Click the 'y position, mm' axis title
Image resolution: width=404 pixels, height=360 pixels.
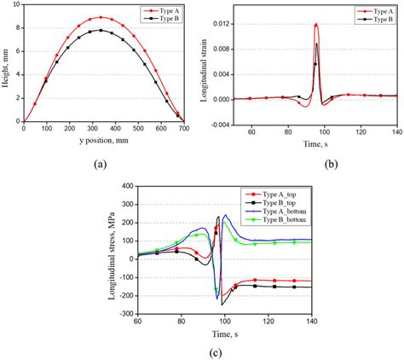pos(101,142)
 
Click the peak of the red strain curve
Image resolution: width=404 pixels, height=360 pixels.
pos(315,25)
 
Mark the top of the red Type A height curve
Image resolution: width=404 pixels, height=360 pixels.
pos(101,17)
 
